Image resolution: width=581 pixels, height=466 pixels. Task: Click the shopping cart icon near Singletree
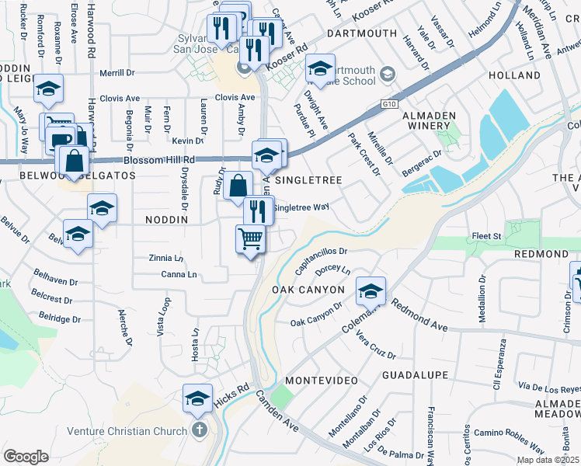pyautogui.click(x=250, y=238)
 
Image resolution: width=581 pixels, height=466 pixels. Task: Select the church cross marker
pyautogui.click(x=199, y=429)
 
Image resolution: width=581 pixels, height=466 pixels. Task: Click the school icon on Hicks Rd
pyautogui.click(x=198, y=398)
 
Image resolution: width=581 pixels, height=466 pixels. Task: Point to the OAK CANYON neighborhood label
pyautogui.click(x=308, y=290)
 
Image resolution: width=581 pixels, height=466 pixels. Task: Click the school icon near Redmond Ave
pyautogui.click(x=371, y=291)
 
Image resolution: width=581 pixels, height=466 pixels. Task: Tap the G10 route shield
pyautogui.click(x=389, y=103)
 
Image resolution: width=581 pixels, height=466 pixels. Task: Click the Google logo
pyautogui.click(x=25, y=457)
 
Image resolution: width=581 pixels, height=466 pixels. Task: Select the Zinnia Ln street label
pyautogui.click(x=166, y=258)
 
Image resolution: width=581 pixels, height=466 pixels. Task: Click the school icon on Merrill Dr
pyautogui.click(x=48, y=90)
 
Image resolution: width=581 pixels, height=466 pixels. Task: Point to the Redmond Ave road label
pyautogui.click(x=420, y=315)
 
